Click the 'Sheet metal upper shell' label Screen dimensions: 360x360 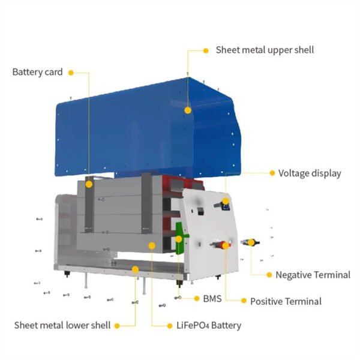(x=265, y=50)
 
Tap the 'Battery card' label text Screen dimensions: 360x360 (x=37, y=72)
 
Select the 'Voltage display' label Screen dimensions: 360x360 (x=310, y=173)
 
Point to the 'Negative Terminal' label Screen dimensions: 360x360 (x=313, y=275)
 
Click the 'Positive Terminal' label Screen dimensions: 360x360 (x=286, y=301)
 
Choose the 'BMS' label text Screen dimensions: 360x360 (x=212, y=298)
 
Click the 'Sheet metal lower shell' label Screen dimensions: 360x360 (x=62, y=325)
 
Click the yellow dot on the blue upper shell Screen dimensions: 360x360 (x=188, y=110)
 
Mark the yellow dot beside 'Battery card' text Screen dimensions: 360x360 (x=71, y=73)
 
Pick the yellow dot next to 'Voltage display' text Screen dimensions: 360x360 (x=272, y=173)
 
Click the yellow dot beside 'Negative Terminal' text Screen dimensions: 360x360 (x=268, y=275)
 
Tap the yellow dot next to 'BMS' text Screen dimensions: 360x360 (x=197, y=298)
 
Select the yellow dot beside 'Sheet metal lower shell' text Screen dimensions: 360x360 (x=116, y=325)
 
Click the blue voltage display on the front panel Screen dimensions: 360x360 (x=226, y=208)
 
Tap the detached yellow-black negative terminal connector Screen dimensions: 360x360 (x=249, y=242)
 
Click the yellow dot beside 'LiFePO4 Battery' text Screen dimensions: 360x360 (x=170, y=325)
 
